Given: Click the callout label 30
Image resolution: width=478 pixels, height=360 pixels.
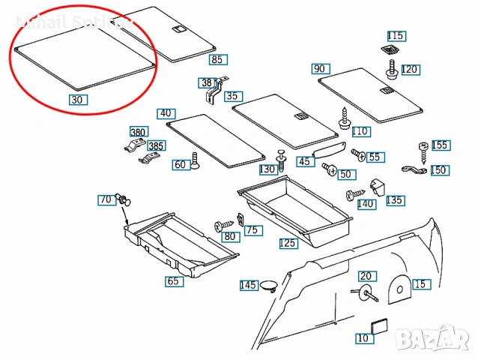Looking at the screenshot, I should pyautogui.click(x=78, y=99).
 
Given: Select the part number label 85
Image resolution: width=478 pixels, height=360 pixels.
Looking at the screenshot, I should pyautogui.click(x=218, y=59).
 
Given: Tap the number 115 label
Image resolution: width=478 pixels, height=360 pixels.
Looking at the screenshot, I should pyautogui.click(x=396, y=36).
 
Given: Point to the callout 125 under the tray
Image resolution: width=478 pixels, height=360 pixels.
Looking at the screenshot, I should pyautogui.click(x=288, y=244).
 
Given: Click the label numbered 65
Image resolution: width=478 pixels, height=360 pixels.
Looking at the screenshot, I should pyautogui.click(x=173, y=282).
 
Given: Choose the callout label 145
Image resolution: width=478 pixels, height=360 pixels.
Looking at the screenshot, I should pyautogui.click(x=249, y=285).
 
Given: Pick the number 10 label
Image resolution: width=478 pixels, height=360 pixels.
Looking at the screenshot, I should pyautogui.click(x=363, y=338).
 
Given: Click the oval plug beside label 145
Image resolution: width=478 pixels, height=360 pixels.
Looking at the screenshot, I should pyautogui.click(x=270, y=285).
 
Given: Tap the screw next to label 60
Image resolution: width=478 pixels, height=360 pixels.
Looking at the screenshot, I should pyautogui.click(x=195, y=161).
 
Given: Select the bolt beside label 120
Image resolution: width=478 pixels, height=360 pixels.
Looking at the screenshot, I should pyautogui.click(x=392, y=71).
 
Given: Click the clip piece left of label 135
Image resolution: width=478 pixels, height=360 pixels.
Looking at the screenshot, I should pyautogui.click(x=378, y=186).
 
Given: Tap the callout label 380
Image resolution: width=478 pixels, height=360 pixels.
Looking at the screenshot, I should pyautogui.click(x=138, y=132).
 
